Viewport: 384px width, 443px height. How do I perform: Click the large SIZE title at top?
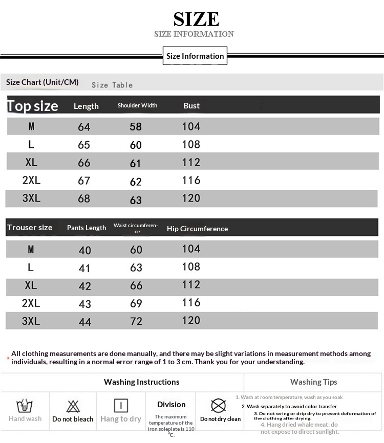click(196, 19)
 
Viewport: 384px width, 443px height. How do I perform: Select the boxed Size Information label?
click(195, 56)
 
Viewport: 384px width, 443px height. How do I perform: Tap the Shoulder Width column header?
click(137, 105)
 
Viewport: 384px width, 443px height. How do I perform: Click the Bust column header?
click(191, 106)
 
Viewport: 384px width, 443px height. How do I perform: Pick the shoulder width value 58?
click(136, 127)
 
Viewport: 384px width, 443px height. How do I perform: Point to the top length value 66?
click(84, 163)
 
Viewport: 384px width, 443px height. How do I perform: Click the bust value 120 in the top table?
click(191, 198)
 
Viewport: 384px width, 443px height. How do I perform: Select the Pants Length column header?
click(87, 228)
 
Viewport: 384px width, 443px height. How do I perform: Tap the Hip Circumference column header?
click(197, 229)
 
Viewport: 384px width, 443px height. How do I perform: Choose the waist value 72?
click(136, 321)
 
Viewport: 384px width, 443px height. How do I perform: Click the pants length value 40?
click(85, 250)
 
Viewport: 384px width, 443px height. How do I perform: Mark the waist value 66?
click(136, 285)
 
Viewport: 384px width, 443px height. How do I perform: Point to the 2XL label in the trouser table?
click(31, 303)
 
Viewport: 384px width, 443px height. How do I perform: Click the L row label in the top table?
click(31, 145)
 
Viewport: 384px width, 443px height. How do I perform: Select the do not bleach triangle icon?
click(73, 407)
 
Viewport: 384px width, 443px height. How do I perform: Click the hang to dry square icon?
click(121, 406)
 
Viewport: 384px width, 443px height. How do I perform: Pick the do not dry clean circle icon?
click(219, 406)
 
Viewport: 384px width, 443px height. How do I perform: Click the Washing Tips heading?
click(313, 382)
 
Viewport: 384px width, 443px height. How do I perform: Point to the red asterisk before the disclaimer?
click(8, 358)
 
